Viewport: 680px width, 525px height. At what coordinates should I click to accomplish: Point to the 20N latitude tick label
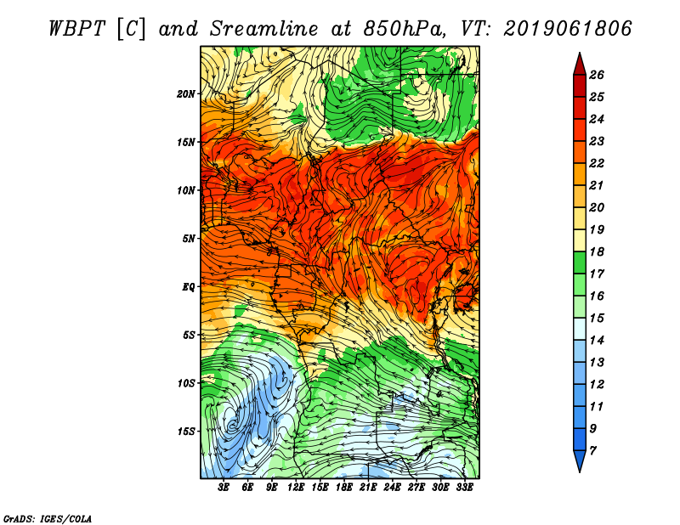(186, 94)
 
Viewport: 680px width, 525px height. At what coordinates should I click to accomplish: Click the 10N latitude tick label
(186, 190)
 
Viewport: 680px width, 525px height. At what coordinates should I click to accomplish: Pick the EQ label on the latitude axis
(189, 287)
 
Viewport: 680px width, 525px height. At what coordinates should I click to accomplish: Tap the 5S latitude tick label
(189, 335)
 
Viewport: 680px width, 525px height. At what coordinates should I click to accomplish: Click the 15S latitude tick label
(186, 431)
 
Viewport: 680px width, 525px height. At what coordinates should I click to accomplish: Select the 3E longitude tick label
(224, 487)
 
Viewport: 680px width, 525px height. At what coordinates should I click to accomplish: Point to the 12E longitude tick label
(297, 487)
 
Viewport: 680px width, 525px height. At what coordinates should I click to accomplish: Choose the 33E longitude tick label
(465, 487)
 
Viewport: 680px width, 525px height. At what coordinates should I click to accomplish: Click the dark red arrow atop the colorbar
(579, 64)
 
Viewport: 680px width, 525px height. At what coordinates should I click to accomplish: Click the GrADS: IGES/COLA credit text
(47, 517)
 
